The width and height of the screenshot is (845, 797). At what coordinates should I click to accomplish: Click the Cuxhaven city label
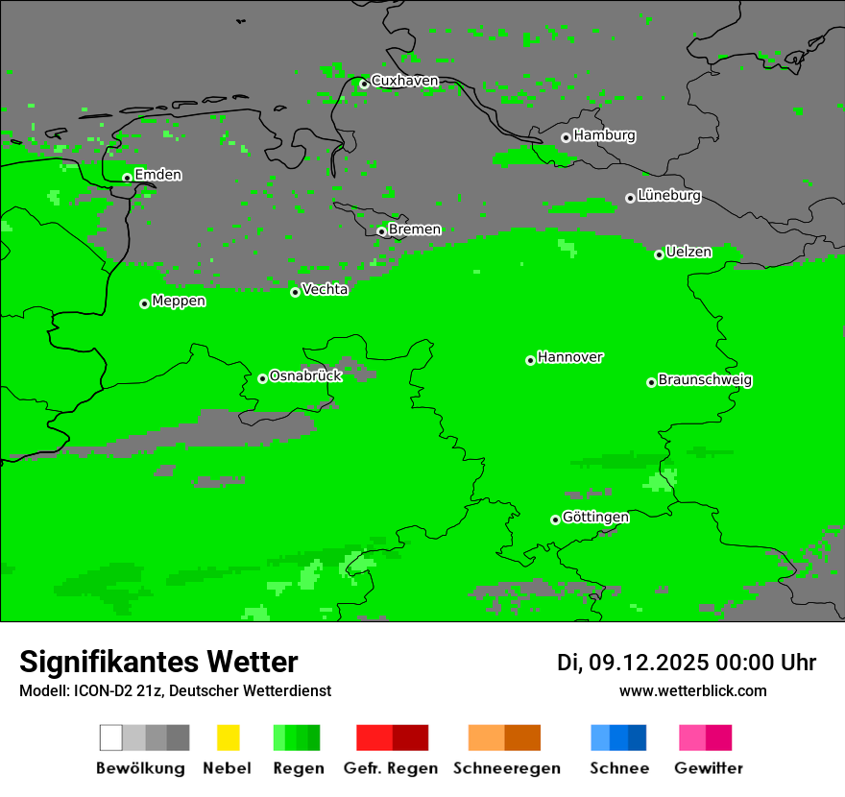(404, 81)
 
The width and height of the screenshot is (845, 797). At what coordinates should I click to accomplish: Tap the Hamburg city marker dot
(566, 137)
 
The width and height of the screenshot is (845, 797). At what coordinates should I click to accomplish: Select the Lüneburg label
(669, 195)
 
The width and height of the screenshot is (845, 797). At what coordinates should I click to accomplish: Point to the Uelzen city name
(688, 252)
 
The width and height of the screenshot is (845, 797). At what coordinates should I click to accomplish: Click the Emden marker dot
(127, 178)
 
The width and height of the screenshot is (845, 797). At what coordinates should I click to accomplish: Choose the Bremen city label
(415, 229)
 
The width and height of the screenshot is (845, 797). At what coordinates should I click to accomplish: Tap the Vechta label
(325, 289)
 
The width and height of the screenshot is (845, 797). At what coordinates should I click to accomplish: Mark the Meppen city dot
(144, 303)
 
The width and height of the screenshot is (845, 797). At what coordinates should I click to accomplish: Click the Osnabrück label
(305, 375)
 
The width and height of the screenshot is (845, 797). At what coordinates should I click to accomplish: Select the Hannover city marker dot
(530, 360)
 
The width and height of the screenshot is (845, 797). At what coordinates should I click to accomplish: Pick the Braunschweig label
(705, 379)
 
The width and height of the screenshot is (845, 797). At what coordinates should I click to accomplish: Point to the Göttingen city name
(595, 517)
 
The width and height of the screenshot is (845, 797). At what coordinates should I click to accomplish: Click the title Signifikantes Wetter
(158, 662)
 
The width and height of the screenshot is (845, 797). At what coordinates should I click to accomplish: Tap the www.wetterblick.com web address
(692, 690)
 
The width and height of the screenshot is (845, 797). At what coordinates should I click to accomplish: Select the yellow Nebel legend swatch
(228, 737)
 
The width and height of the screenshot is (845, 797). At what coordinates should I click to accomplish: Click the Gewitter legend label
(708, 768)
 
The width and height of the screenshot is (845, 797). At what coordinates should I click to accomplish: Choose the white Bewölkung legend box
(111, 737)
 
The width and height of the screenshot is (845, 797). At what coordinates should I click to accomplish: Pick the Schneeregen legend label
(507, 768)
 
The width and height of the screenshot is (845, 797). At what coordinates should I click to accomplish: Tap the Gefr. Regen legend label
(390, 768)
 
